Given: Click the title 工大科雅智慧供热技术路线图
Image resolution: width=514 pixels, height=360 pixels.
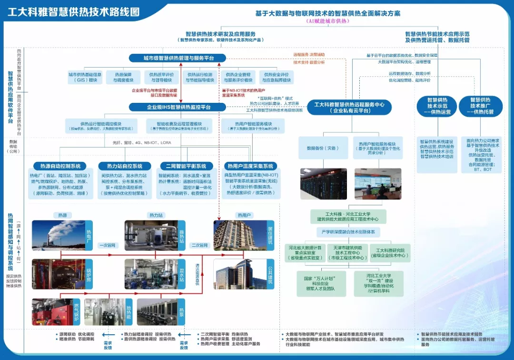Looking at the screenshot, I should pyautogui.click(x=73, y=11).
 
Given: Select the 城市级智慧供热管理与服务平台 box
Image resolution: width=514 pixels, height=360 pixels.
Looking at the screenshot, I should pyautogui.click(x=178, y=58).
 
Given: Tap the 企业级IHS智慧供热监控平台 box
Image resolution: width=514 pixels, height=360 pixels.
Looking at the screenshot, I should pyautogui.click(x=178, y=107).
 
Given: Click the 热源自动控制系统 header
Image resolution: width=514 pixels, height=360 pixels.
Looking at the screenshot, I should pyautogui.click(x=60, y=166).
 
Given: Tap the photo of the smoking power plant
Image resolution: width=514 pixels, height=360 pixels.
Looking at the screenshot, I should pyautogui.click(x=58, y=235).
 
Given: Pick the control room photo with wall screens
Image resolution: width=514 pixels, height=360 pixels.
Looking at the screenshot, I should pyautogui.click(x=377, y=183).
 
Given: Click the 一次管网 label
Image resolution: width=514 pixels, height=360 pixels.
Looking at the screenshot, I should pyautogui.click(x=107, y=245).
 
